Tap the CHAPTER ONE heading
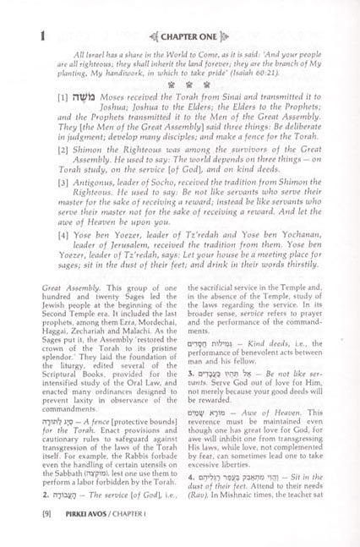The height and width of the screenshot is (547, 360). (180, 14)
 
